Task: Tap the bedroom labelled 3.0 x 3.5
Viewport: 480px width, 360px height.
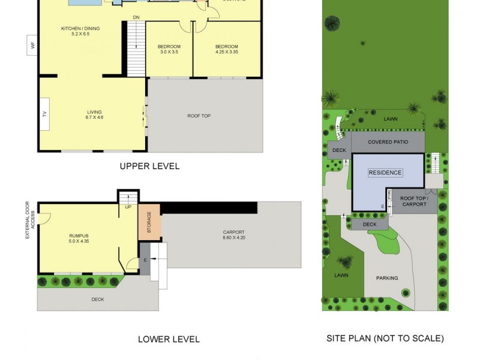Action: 169,50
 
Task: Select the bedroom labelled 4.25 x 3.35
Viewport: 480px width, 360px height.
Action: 227,50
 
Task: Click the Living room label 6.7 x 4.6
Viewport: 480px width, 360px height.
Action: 94,115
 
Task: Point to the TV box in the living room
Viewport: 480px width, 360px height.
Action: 44,114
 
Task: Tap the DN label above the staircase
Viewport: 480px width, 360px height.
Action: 136,17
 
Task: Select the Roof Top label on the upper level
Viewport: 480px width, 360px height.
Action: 199,116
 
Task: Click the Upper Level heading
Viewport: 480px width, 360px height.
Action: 149,166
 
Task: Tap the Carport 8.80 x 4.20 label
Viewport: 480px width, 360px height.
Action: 233,235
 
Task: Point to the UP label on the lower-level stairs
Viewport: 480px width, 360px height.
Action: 127,207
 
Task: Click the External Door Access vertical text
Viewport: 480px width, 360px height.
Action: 28,220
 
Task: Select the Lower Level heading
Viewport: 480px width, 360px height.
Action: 169,339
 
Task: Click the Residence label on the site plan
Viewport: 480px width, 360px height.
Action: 385,173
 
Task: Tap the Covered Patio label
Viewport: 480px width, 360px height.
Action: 388,142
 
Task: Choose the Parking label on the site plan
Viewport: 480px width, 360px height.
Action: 388,278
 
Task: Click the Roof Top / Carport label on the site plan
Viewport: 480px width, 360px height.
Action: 413,201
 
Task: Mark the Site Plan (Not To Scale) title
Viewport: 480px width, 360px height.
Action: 385,338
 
